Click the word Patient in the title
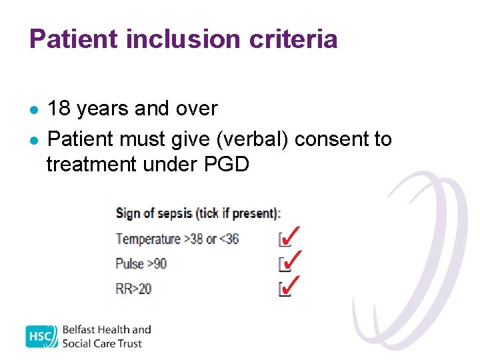coord(73,39)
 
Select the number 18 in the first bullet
coord(59,108)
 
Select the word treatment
coord(91,164)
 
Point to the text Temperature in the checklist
coord(148,239)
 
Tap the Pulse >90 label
coord(141,263)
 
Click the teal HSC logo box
coord(41,337)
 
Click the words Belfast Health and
coord(107,330)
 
